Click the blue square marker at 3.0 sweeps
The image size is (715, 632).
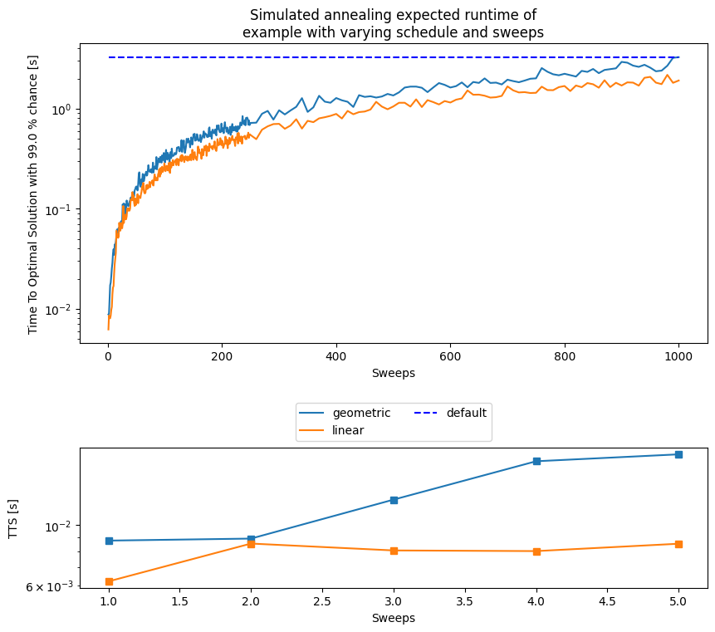pyautogui.click(x=394, y=500)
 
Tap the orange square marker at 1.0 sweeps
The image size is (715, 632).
pyautogui.click(x=109, y=581)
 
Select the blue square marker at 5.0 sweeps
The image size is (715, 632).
pyautogui.click(x=678, y=454)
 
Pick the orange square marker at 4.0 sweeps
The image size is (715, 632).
pyautogui.click(x=536, y=551)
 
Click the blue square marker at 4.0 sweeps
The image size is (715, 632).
pyautogui.click(x=536, y=461)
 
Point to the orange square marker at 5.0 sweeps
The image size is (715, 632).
pyautogui.click(x=678, y=544)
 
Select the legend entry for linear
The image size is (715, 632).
pyautogui.click(x=348, y=430)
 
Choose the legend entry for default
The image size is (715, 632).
pyautogui.click(x=466, y=413)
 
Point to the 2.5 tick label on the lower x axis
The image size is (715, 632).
pyautogui.click(x=322, y=601)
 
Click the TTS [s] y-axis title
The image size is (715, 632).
pyautogui.click(x=12, y=520)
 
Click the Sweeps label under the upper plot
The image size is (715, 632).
pyautogui.click(x=393, y=373)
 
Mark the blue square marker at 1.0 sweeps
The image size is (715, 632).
pyautogui.click(x=109, y=541)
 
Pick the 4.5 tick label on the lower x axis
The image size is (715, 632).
pyautogui.click(x=607, y=601)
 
